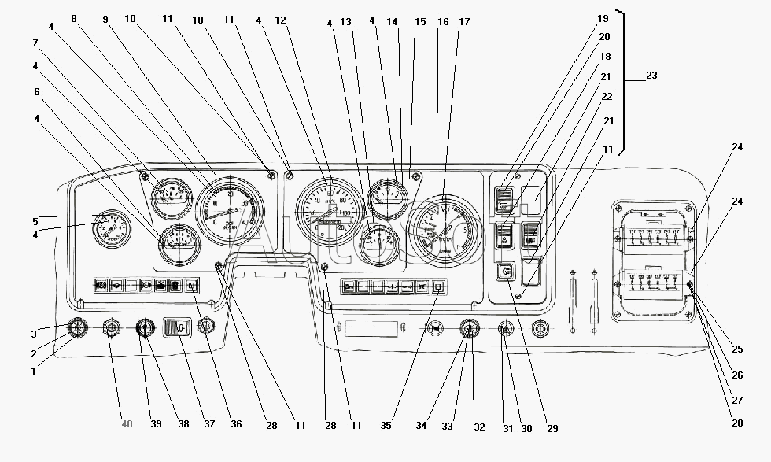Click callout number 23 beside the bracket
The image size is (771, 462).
[x=651, y=76]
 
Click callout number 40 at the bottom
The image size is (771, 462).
[x=127, y=424]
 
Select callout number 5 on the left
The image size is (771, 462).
[x=35, y=221]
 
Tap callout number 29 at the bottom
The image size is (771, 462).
[x=552, y=428]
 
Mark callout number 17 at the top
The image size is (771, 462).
[x=464, y=22]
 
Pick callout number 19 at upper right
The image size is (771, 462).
[x=603, y=18]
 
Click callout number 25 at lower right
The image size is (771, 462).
[x=736, y=349]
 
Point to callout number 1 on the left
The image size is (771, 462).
[x=33, y=371]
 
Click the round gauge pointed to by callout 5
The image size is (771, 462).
[x=110, y=229]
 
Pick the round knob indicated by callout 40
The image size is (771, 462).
[x=111, y=327]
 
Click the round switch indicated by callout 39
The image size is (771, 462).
[x=145, y=327]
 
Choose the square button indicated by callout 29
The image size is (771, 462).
[x=504, y=272]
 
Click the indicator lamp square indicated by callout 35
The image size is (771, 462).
[x=438, y=286]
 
